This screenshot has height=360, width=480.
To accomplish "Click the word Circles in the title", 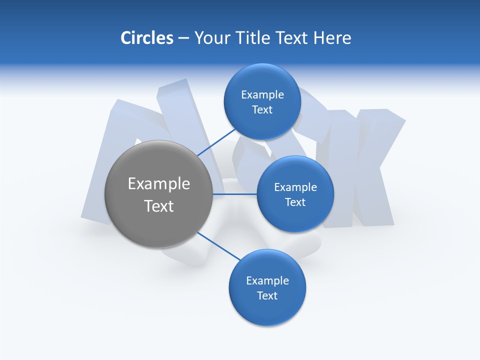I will [x=146, y=38].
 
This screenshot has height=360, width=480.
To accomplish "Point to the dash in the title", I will [x=183, y=38].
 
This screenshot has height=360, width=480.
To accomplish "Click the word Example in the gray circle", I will [x=159, y=184].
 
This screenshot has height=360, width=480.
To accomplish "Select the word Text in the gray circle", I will [x=159, y=206].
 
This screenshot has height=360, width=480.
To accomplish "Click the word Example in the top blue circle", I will [x=262, y=95].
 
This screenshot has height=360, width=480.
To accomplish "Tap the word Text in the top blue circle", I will [x=262, y=110].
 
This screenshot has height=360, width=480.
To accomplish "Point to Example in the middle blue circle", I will [x=295, y=187].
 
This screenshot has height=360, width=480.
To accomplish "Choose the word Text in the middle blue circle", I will [x=295, y=202].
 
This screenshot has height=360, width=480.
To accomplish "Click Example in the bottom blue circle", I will [x=267, y=281].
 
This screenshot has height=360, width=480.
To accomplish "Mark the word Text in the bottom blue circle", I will [x=267, y=296].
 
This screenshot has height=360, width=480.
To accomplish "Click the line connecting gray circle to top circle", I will [x=216, y=142].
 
